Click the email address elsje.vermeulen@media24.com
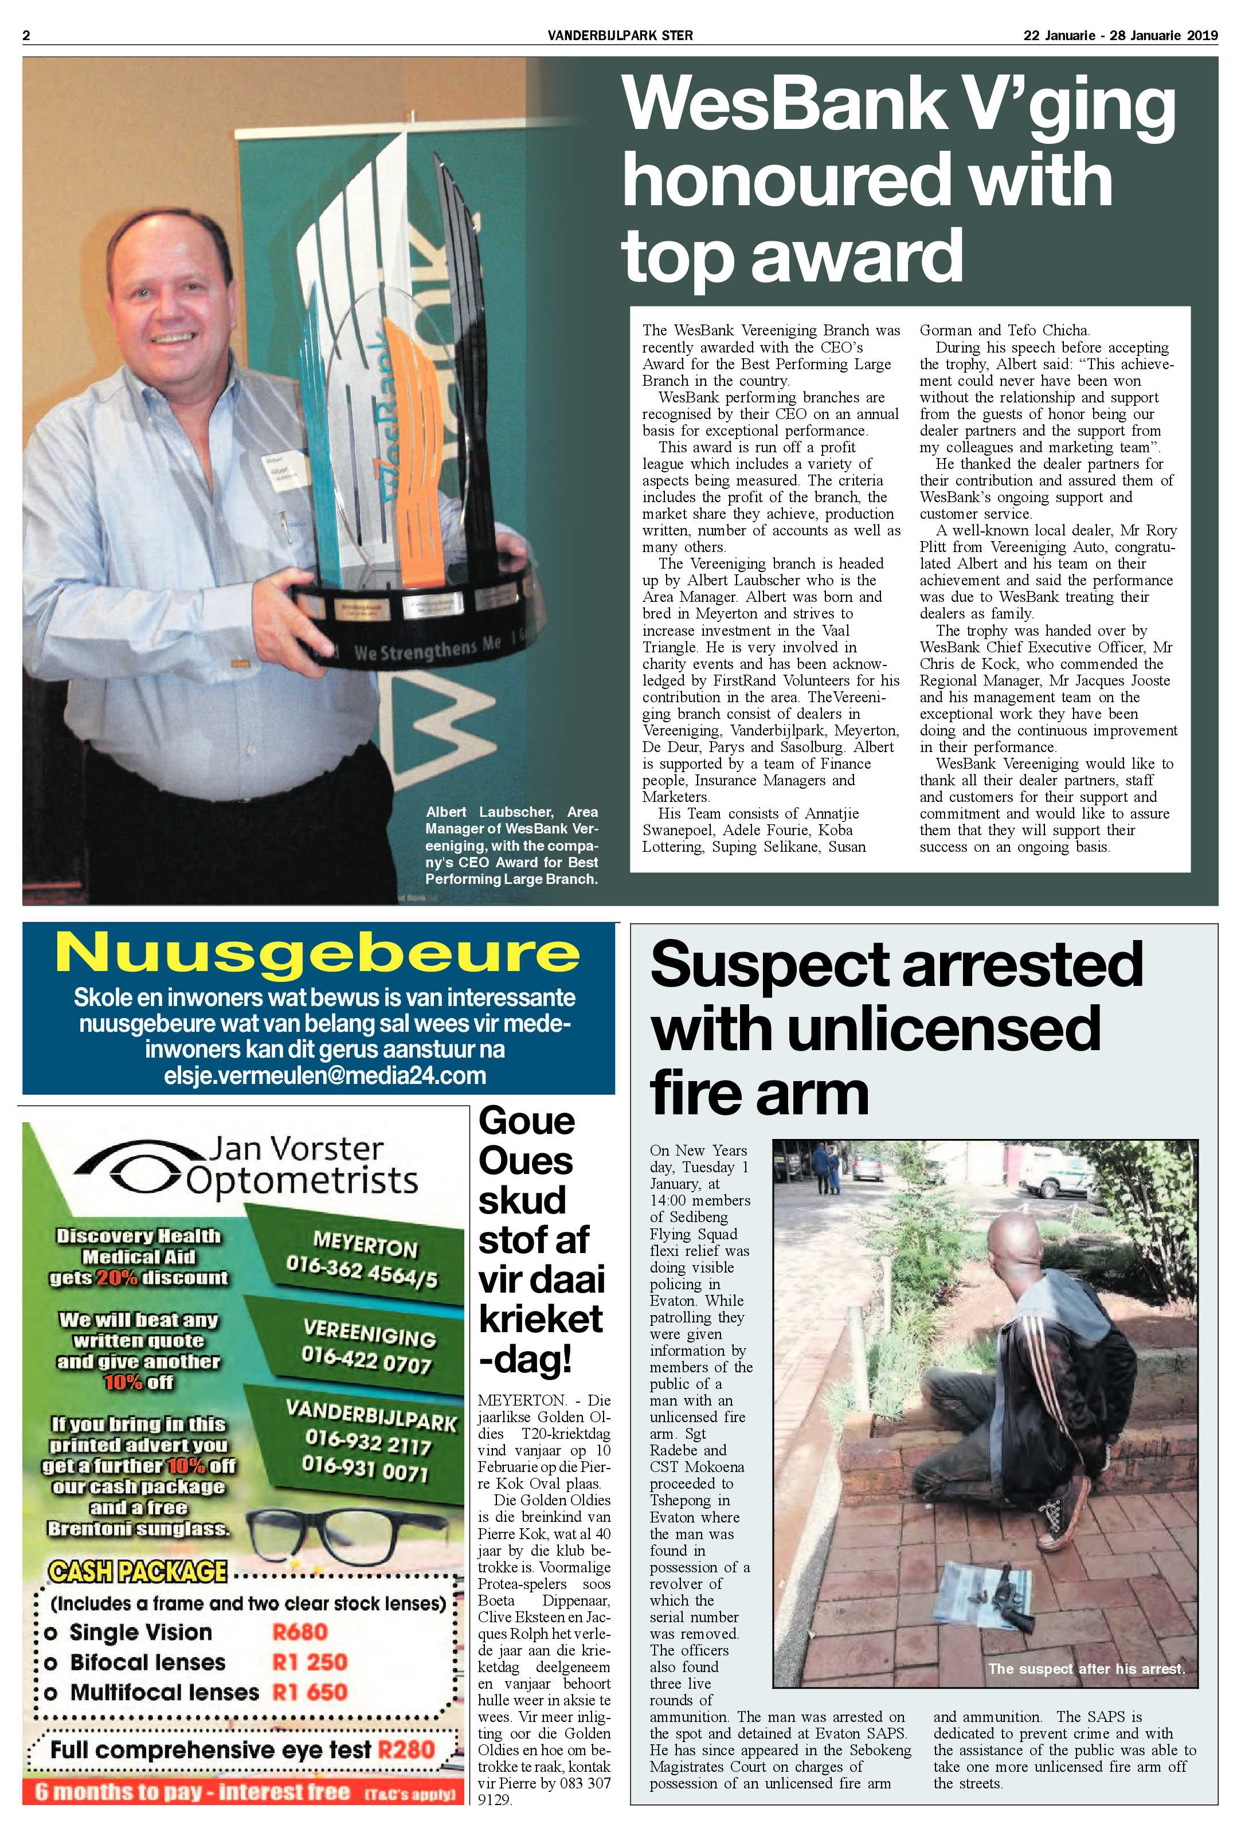[x=325, y=1075]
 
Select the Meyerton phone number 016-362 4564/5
[x=362, y=1269]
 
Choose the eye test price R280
[x=406, y=1749]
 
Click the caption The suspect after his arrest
[x=1086, y=1668]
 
